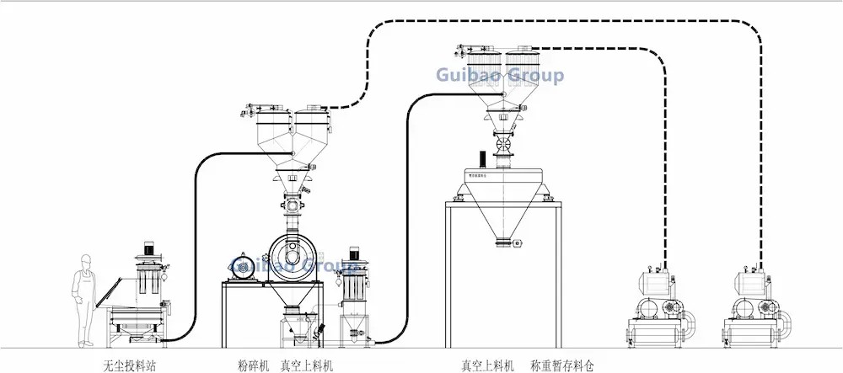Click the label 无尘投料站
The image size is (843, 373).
(x=130, y=366)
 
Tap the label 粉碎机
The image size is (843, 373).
(x=255, y=366)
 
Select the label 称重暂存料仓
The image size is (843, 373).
(x=562, y=366)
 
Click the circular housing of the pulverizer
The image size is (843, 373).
(x=291, y=253)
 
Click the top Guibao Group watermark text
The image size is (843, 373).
(x=501, y=77)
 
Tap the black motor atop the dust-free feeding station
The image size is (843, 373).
(x=151, y=248)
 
